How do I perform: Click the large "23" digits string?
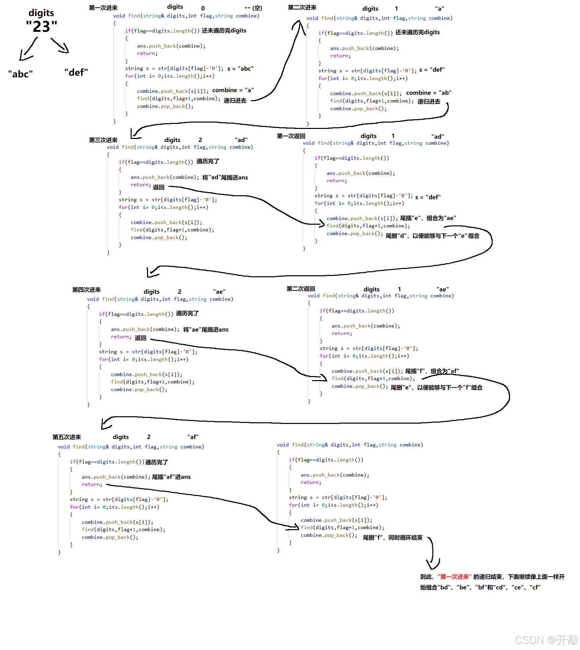42,26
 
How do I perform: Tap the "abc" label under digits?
20,74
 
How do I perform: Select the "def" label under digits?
76,72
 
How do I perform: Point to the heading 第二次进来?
302,7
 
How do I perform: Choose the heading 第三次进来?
103,140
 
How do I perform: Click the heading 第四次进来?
86,290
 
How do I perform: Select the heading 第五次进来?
67,437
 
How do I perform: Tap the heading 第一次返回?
291,136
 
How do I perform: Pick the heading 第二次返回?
301,289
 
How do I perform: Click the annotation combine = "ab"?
429,93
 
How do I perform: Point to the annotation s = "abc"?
240,69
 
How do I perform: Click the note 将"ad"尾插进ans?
225,177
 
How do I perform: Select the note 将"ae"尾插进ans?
206,330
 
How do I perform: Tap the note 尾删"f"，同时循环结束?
392,537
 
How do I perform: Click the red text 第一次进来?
454,577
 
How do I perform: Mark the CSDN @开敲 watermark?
547,640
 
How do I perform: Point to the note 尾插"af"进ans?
171,477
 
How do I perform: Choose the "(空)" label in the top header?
257,8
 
